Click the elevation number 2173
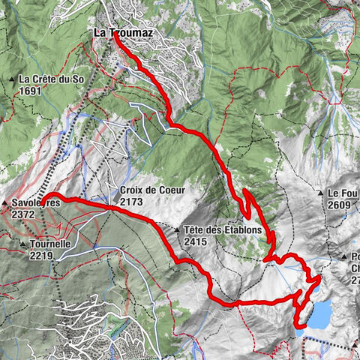pos(130,202)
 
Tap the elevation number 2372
pos(22,214)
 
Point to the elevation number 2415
pos(195,241)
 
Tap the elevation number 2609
pos(339,203)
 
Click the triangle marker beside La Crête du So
pos(13,79)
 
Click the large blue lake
pos(318,313)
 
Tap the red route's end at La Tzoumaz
pos(117,37)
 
